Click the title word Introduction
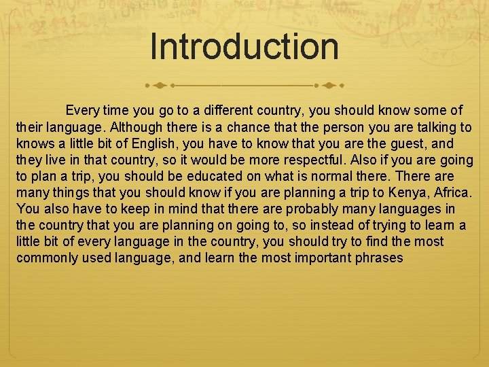[x=244, y=46]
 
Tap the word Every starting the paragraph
[x=82, y=110]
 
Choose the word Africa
[x=451, y=192]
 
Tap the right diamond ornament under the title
[x=328, y=86]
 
